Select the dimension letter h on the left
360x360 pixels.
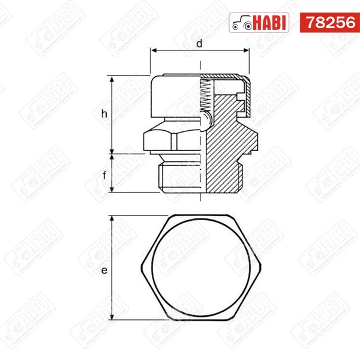point(104,113)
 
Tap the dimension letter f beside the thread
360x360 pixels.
point(104,176)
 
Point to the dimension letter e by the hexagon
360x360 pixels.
point(104,272)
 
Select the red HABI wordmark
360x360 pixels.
point(270,23)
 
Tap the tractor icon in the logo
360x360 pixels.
point(242,23)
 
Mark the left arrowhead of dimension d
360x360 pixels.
point(153,52)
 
